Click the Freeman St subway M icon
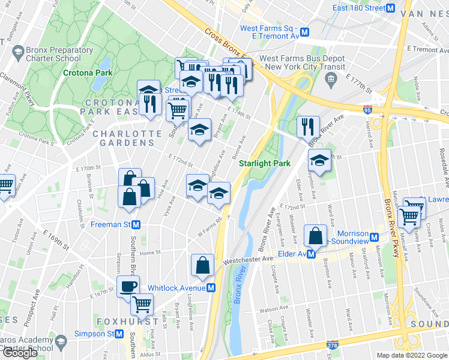[136, 224]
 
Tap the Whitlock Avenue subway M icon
[211, 288]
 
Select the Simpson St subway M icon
[121, 334]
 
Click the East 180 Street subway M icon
[390, 8]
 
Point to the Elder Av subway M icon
[312, 254]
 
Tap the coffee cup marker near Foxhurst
[128, 286]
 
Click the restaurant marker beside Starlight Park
[307, 126]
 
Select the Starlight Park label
[265, 163]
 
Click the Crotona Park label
[88, 73]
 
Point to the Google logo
[19, 353]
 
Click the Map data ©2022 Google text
[412, 355]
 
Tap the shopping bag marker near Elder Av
[316, 236]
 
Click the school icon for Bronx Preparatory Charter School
[19, 55]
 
